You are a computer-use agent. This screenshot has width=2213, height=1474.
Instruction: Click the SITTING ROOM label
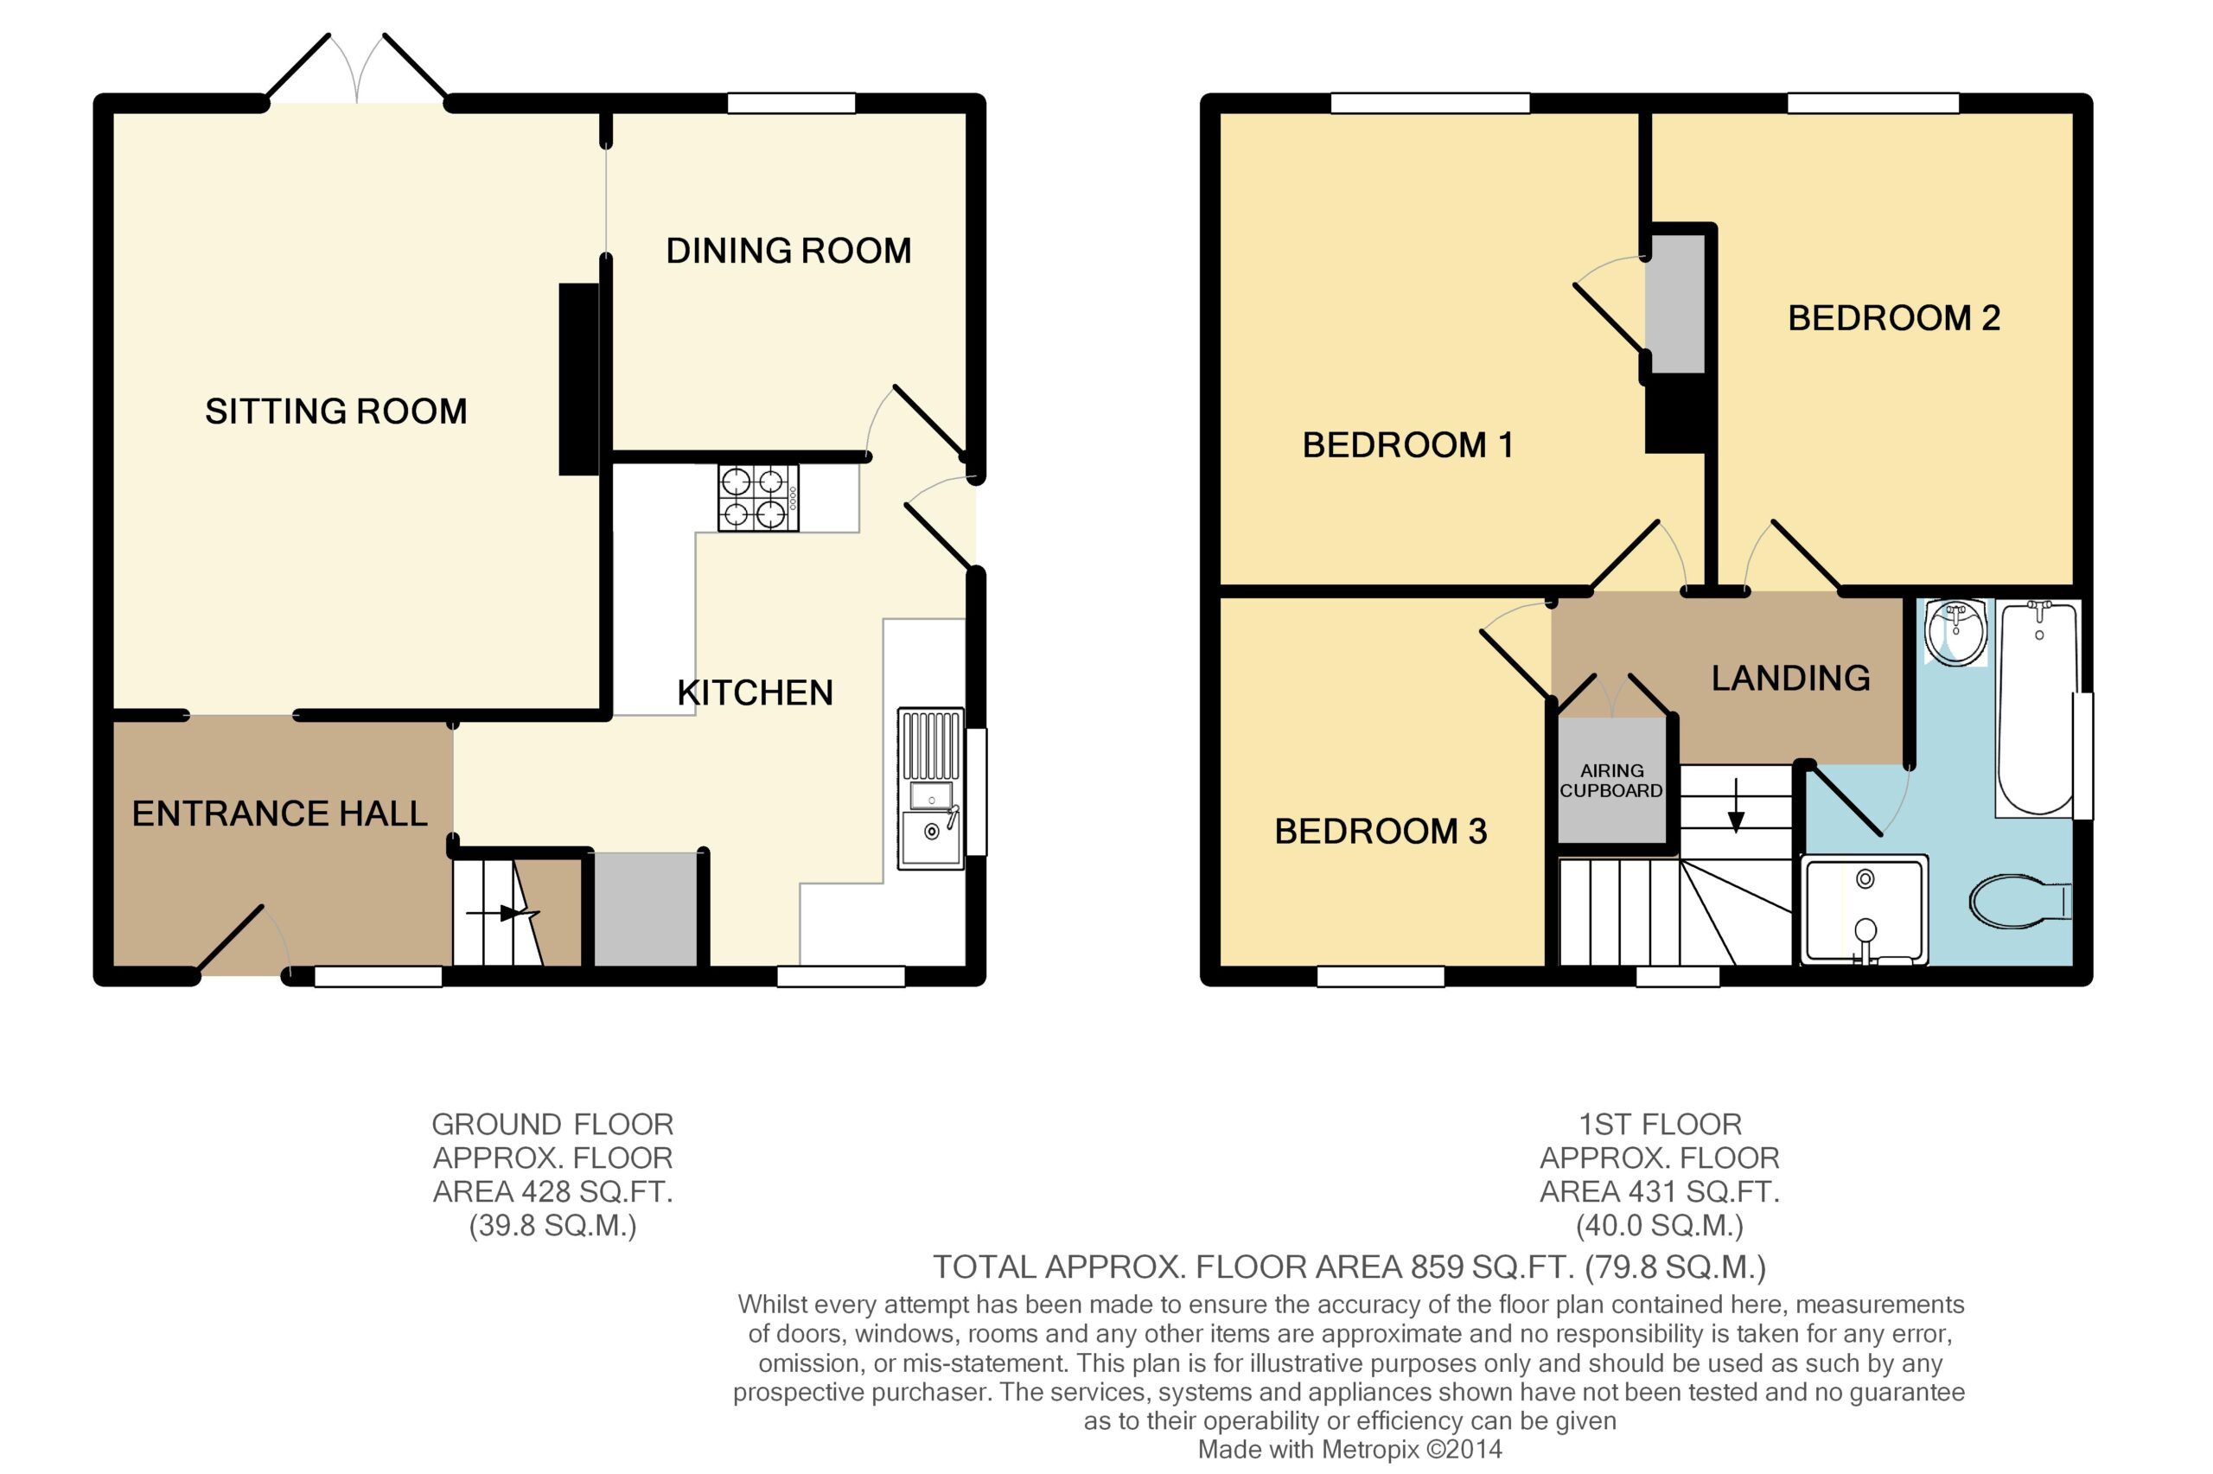click(335, 412)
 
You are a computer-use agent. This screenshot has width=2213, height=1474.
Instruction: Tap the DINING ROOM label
click(788, 251)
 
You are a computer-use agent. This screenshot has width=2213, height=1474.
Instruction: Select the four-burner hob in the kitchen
click(758, 498)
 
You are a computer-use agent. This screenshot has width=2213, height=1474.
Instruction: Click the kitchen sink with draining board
click(930, 788)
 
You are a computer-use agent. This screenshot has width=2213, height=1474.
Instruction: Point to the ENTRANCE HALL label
click(279, 814)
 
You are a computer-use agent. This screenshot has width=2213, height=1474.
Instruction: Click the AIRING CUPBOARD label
click(1610, 782)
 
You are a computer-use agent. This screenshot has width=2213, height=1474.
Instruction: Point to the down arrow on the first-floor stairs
click(1736, 806)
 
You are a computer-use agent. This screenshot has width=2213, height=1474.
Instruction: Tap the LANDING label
click(1790, 679)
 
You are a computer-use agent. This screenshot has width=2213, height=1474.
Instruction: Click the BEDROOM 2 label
click(1893, 319)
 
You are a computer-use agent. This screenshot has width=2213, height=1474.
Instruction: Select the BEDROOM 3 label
click(1381, 832)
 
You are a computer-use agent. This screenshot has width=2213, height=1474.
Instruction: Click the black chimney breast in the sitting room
click(579, 379)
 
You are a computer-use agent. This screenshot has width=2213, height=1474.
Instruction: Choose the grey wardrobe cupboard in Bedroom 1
click(1677, 303)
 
